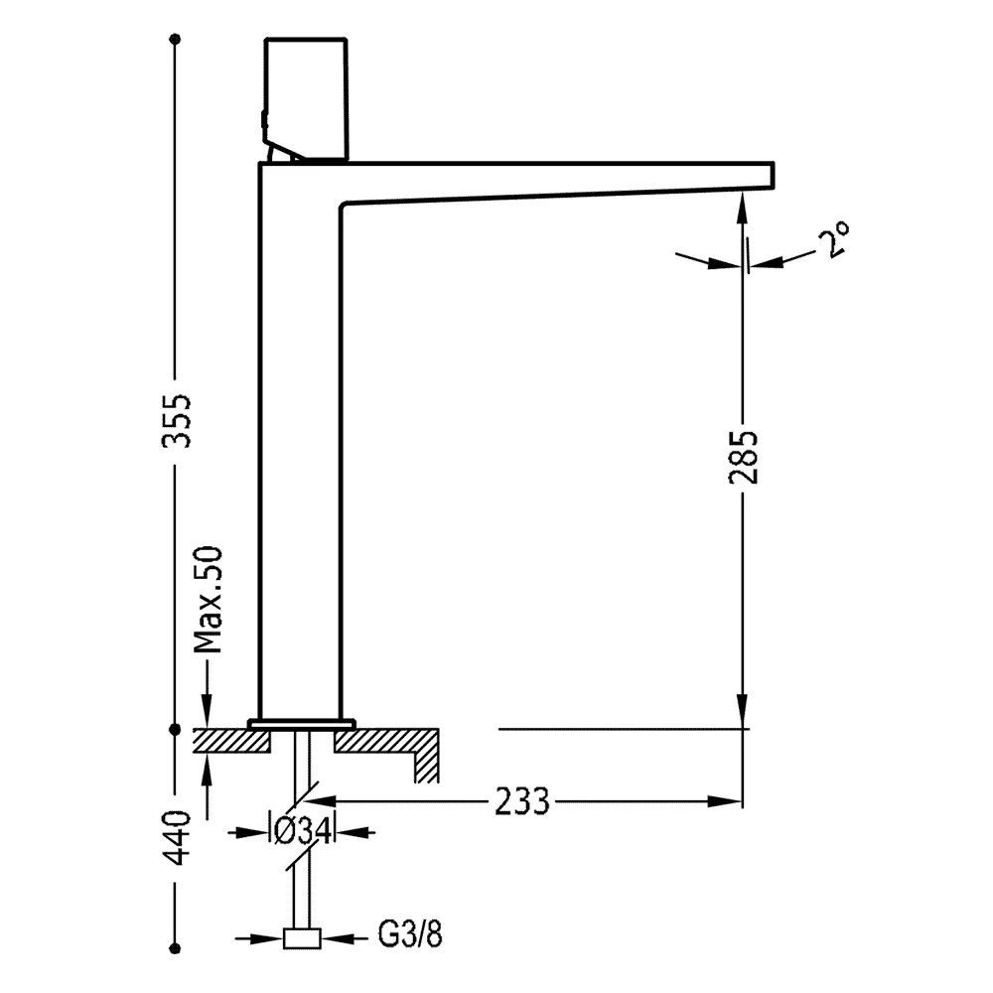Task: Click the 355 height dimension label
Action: [177, 421]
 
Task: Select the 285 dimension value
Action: [743, 457]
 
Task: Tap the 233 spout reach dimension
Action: [522, 801]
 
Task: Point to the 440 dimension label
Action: [177, 837]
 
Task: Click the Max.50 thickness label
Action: [209, 599]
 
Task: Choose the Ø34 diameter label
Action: [303, 831]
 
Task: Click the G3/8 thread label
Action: [410, 934]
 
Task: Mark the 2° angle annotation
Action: [832, 239]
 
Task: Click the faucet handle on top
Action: [305, 99]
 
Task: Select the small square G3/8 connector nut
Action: [302, 938]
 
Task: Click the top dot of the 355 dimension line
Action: [176, 40]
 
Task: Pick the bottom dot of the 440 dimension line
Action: [176, 948]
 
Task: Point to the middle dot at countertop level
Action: [176, 730]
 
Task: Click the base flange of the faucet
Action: [302, 724]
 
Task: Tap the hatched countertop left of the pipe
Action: [231, 741]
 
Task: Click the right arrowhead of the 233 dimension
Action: [725, 801]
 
